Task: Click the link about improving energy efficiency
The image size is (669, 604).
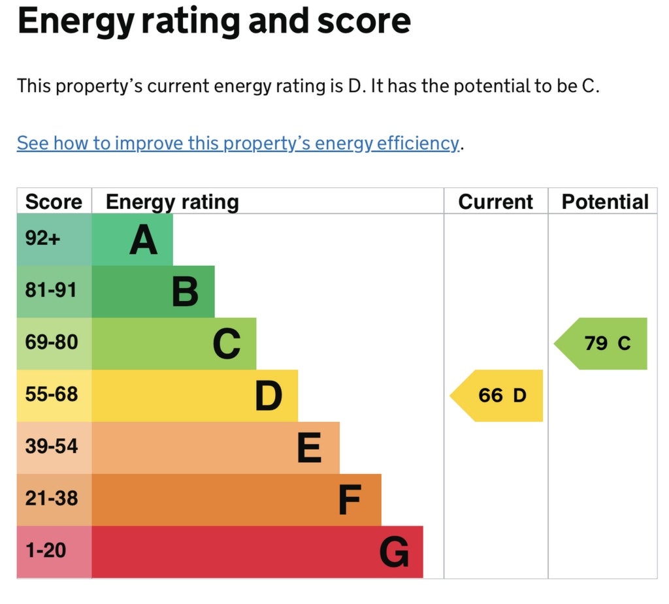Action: pyautogui.click(x=238, y=143)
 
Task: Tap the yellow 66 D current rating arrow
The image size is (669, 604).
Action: pyautogui.click(x=497, y=396)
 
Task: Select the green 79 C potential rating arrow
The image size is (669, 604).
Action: pyautogui.click(x=601, y=343)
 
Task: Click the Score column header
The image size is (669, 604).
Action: pyautogui.click(x=54, y=202)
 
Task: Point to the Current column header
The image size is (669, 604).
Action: pyautogui.click(x=496, y=202)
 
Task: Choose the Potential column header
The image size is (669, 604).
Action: pyautogui.click(x=605, y=202)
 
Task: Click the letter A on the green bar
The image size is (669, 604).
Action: pyautogui.click(x=143, y=240)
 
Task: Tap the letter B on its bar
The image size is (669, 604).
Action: pyautogui.click(x=185, y=292)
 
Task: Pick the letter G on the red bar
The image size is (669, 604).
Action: pyautogui.click(x=394, y=552)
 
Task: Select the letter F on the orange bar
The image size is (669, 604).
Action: pyautogui.click(x=350, y=500)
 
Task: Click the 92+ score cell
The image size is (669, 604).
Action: pyautogui.click(x=42, y=238)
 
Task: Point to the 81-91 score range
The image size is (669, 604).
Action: pyautogui.click(x=51, y=290)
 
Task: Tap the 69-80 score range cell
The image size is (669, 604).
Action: pyautogui.click(x=52, y=342)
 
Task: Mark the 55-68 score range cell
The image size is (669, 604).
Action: pyautogui.click(x=52, y=394)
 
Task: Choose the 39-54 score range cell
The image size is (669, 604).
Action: pyautogui.click(x=52, y=446)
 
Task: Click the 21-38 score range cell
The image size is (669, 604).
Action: pyautogui.click(x=52, y=498)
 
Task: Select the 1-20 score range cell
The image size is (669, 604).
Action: pyautogui.click(x=46, y=550)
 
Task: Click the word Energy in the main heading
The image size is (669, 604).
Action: pyautogui.click(x=76, y=22)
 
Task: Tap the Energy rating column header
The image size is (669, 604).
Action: pyautogui.click(x=172, y=202)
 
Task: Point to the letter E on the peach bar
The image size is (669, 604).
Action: pyautogui.click(x=309, y=447)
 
